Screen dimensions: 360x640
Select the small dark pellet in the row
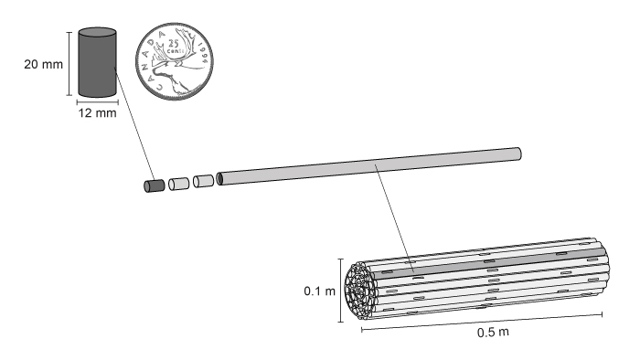(154, 186)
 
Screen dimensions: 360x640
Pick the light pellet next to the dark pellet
(178, 184)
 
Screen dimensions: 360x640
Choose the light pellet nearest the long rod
(203, 180)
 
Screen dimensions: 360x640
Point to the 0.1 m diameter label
(320, 291)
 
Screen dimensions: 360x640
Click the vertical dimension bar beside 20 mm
(68, 63)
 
